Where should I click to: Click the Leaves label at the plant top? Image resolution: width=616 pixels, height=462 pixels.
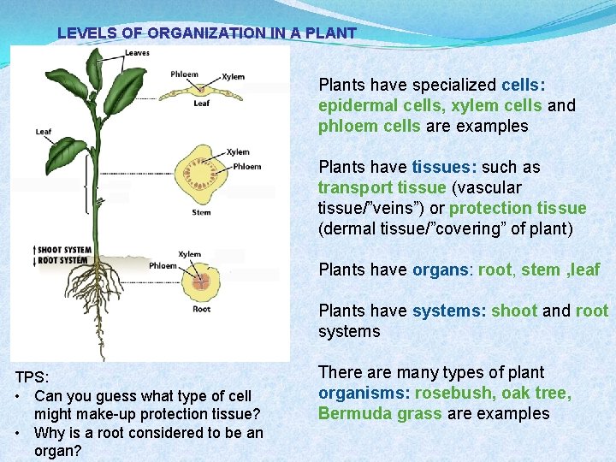136,53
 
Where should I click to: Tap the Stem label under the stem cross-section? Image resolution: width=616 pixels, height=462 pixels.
201,212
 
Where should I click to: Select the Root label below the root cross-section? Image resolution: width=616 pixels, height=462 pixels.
201,309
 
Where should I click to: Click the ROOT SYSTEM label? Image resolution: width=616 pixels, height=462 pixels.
62,260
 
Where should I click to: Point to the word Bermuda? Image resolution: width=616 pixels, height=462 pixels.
350,413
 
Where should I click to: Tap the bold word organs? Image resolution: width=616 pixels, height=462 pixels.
442,269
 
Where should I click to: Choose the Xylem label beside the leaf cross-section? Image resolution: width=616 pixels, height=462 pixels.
233,77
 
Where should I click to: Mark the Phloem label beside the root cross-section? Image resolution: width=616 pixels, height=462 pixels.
163,265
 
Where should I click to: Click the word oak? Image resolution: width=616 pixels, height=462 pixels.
521,393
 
